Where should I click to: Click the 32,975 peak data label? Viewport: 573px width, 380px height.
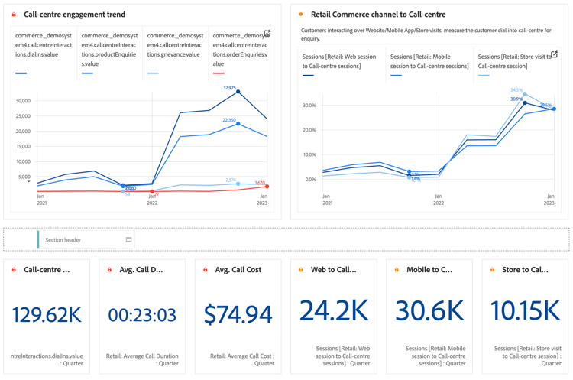coord(229,88)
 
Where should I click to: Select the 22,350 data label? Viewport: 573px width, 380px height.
coord(229,120)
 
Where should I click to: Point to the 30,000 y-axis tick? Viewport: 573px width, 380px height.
coord(22,101)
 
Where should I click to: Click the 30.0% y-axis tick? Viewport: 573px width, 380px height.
coord(309,106)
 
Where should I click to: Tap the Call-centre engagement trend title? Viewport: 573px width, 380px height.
coord(74,15)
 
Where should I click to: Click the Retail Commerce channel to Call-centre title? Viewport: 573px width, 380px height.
coord(378,15)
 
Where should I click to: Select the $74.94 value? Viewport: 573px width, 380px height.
coord(238,313)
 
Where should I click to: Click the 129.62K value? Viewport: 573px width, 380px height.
coord(47,313)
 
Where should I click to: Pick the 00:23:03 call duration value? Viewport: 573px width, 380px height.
coord(142,314)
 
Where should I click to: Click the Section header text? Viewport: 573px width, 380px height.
coord(63,240)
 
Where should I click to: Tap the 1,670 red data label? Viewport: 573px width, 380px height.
coord(260,183)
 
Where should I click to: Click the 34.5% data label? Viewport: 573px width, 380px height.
coord(516,90)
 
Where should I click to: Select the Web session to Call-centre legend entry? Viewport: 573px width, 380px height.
coord(339,61)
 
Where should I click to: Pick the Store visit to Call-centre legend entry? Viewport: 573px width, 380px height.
coord(513,61)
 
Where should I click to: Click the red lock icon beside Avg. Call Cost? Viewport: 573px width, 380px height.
coord(206,270)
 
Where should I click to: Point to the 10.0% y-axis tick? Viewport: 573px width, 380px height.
coord(309,154)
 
